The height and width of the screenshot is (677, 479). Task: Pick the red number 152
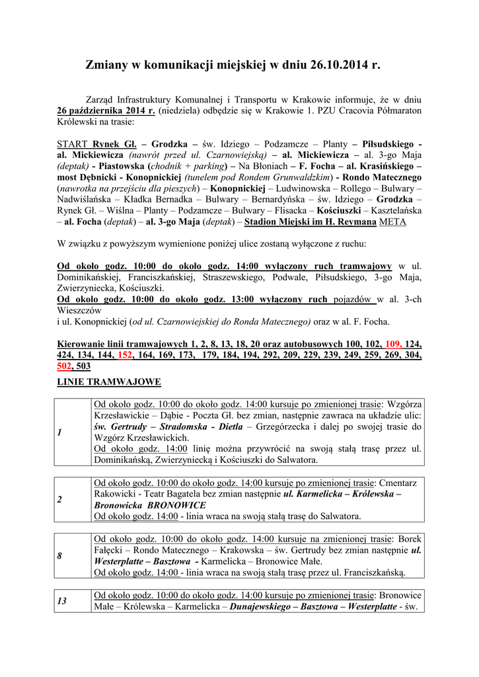tap(126, 354)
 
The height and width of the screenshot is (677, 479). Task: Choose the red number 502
tap(65, 366)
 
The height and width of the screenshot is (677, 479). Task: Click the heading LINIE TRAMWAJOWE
tap(109, 381)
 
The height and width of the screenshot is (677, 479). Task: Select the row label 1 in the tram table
tap(59, 432)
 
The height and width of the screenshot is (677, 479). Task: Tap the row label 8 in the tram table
tap(59, 556)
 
